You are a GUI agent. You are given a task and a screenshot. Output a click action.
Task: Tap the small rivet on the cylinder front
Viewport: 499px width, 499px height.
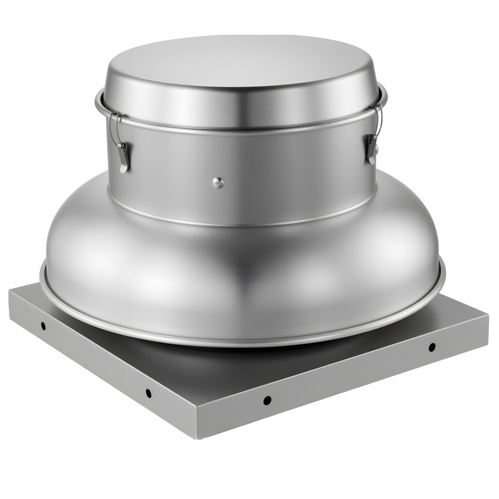218,183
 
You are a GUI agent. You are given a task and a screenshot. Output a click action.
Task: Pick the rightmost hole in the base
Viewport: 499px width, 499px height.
432,347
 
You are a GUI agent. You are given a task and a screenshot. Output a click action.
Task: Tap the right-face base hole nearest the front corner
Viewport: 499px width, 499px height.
267,400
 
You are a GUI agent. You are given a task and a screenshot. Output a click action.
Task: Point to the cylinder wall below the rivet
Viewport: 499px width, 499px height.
220,205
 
